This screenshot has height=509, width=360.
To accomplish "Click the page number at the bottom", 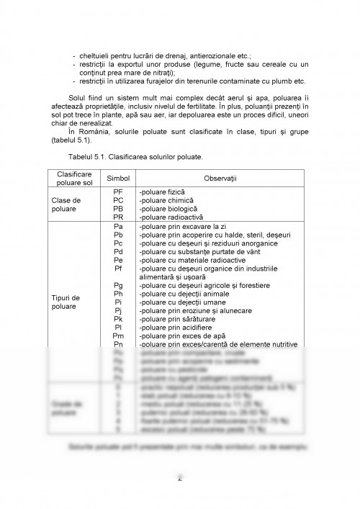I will pyautogui.click(x=179, y=477).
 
